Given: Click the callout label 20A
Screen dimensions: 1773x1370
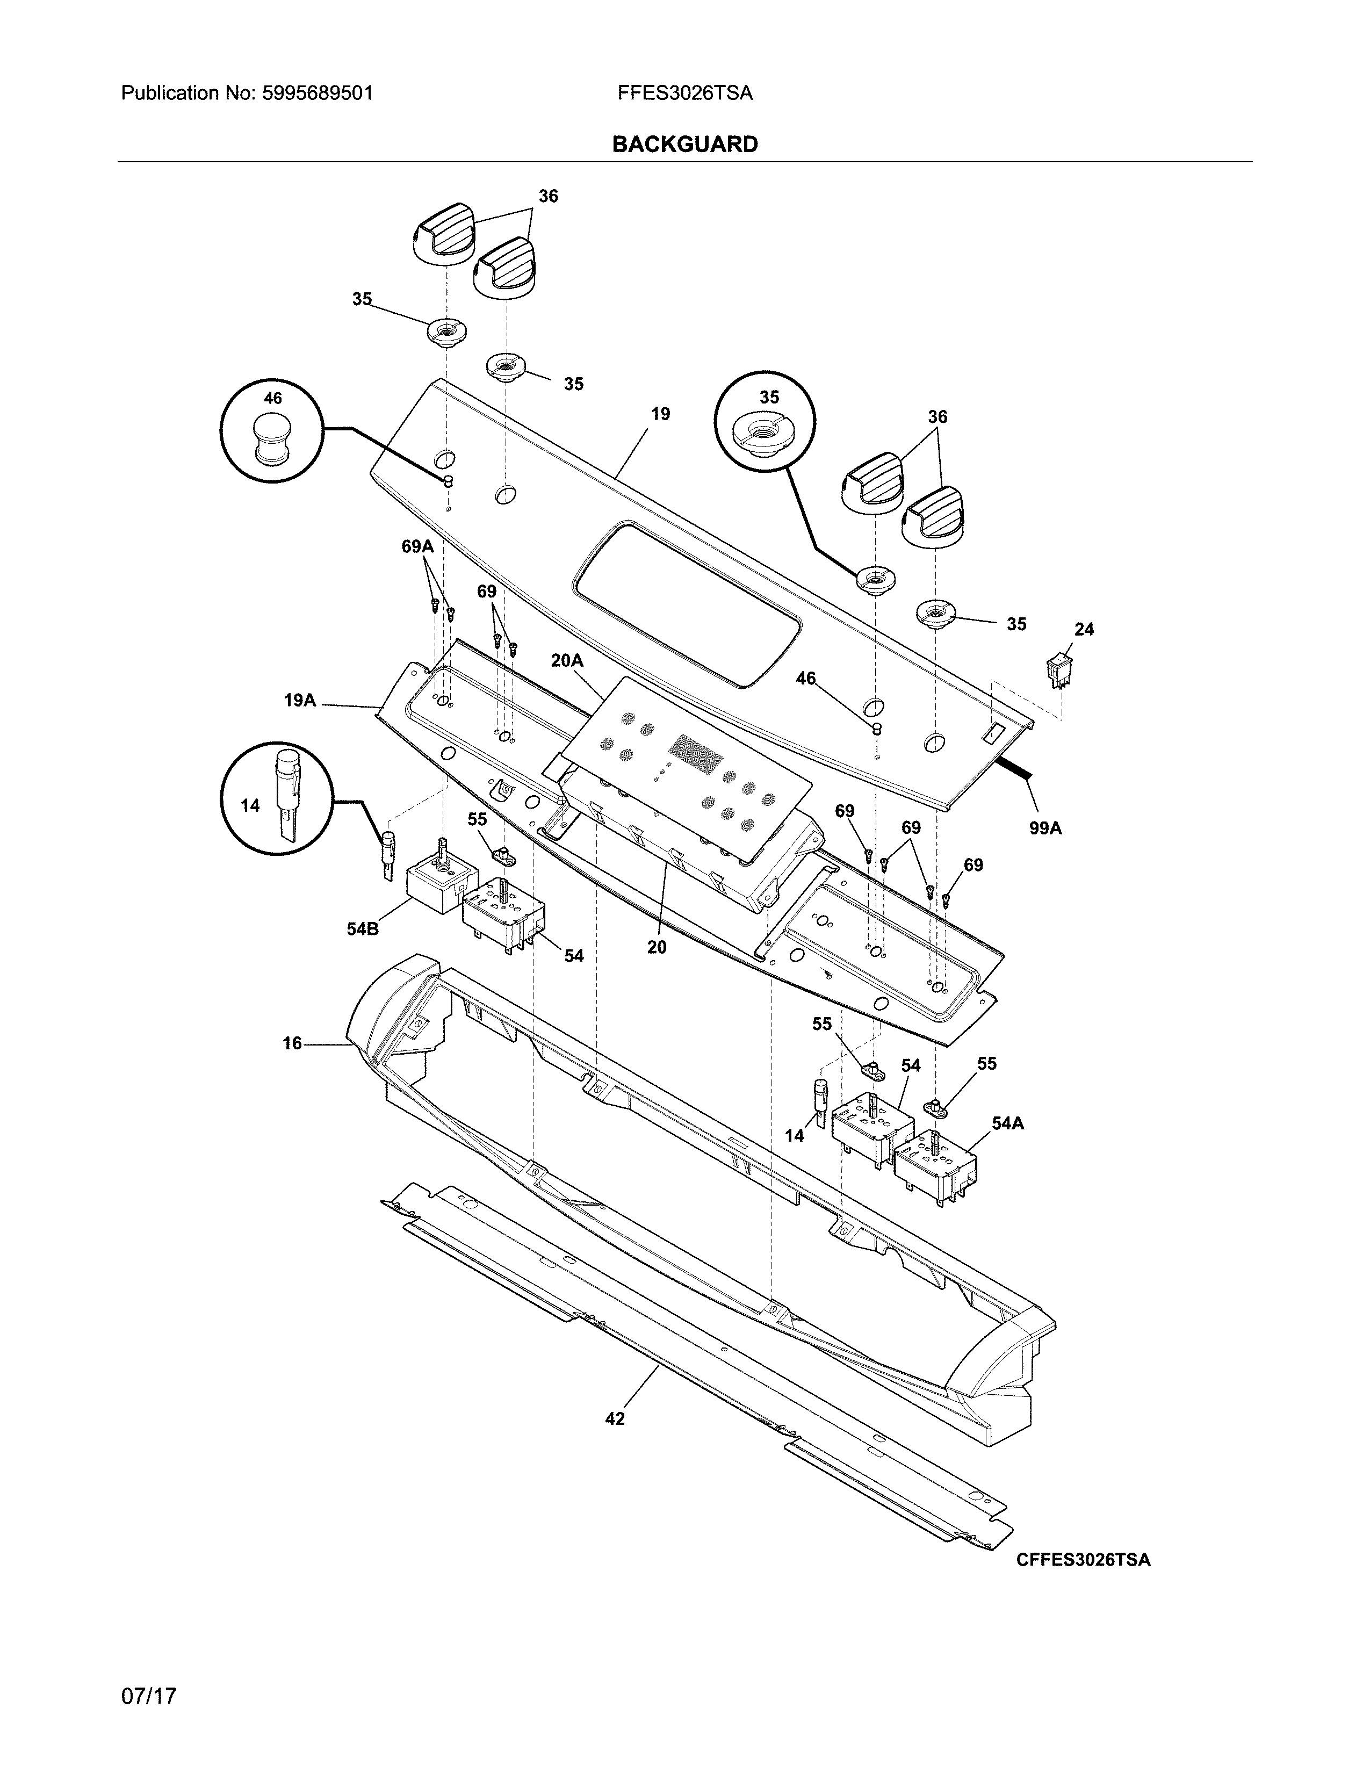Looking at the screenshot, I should (566, 661).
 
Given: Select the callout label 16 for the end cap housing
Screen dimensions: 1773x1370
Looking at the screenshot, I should (292, 1043).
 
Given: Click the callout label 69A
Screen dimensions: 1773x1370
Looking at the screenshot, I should (417, 546).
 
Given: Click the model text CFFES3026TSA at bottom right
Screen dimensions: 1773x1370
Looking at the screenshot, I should (1083, 1560).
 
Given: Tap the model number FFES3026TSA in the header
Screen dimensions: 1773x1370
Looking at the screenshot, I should (684, 93).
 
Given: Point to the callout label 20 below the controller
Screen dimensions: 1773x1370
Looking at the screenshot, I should (657, 947).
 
